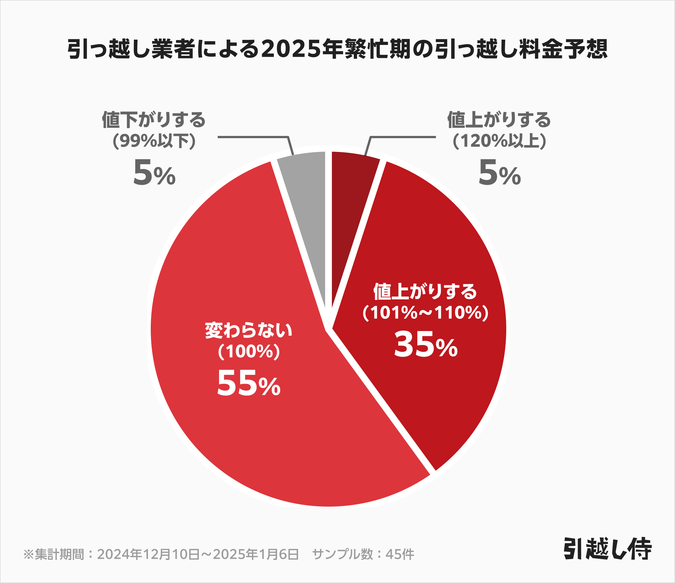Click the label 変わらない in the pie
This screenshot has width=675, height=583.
249,330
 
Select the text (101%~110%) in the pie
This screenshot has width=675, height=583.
426,313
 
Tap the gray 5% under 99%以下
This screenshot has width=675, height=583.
154,173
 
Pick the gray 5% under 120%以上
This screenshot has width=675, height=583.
499,173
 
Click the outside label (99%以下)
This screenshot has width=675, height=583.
154,141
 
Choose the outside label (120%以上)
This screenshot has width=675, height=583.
499,141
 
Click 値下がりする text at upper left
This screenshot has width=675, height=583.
154,120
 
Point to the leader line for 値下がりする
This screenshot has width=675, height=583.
254,137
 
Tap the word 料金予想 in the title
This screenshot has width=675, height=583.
564,49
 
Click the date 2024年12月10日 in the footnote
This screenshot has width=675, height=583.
148,554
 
